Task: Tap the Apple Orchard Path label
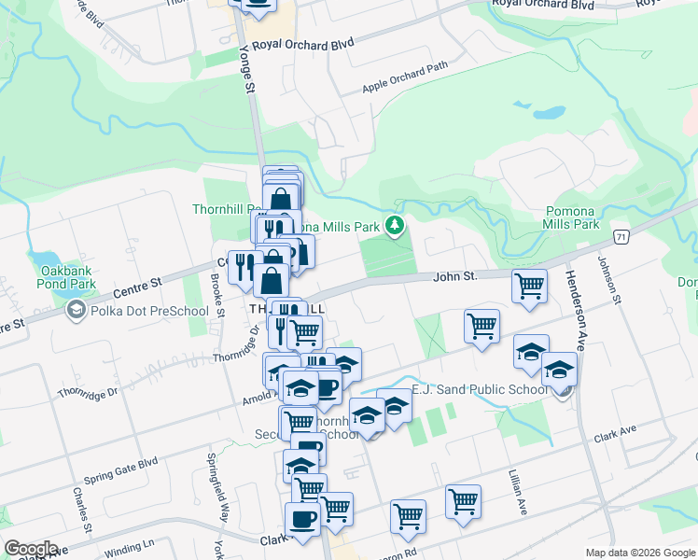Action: [x=405, y=79]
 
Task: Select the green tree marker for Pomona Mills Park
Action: [x=396, y=225]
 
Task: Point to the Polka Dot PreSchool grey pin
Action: [x=76, y=311]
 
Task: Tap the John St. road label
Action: [x=455, y=276]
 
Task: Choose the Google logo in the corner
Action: [x=32, y=549]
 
